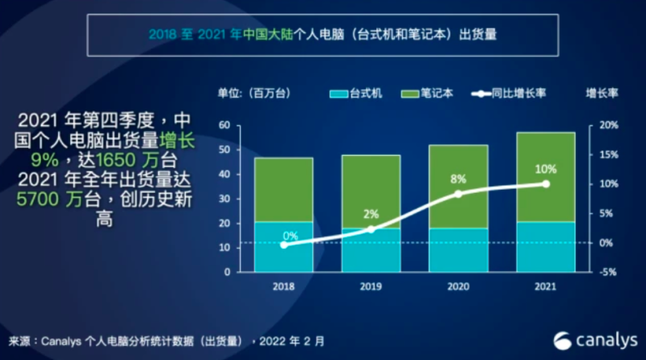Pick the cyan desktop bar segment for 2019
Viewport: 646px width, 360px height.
371,249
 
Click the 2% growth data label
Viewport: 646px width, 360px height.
371,214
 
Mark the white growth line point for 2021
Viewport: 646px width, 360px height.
546,184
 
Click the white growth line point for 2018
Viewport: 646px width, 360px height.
283,244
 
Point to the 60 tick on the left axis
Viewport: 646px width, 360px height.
225,125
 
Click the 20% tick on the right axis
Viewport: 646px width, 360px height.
608,125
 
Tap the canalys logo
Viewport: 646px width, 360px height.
594,338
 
